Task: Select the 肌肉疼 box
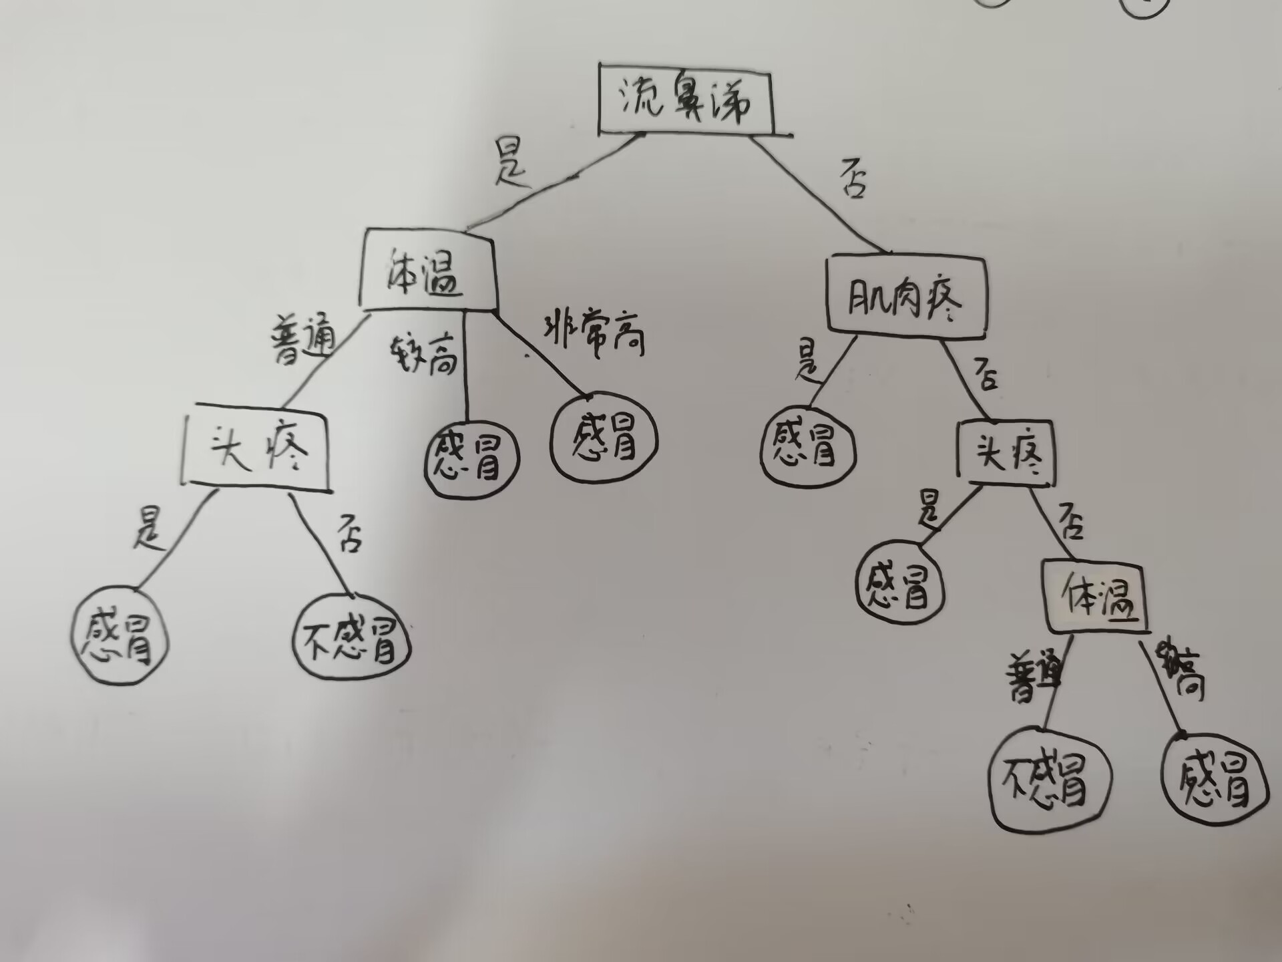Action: click(x=906, y=295)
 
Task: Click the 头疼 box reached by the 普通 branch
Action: click(x=257, y=448)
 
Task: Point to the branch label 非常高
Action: click(x=594, y=334)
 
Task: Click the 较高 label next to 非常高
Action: click(x=423, y=354)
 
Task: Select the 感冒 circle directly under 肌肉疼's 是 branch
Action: click(x=808, y=446)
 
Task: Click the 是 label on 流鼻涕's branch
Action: click(x=511, y=163)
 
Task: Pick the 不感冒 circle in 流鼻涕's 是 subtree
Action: click(x=352, y=640)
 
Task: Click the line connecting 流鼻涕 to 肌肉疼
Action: click(x=821, y=194)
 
